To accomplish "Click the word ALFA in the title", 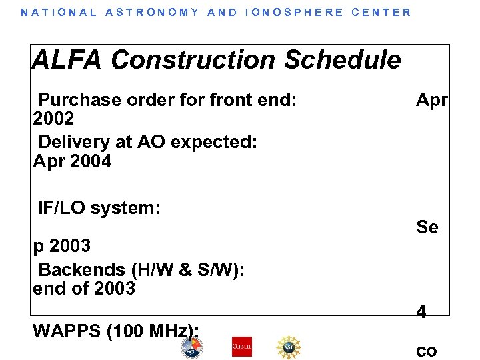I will pos(67,60).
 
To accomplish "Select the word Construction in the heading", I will pos(194,60).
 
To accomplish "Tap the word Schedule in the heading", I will pos(343,60).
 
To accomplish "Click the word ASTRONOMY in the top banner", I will pos(153,12).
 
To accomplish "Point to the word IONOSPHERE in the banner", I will pos(294,12).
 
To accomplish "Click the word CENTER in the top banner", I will pos(381,12).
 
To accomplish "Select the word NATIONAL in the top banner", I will pos(59,12).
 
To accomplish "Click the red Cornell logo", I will pos(242,347).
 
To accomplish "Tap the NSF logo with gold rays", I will pos(289,347).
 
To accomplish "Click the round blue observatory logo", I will pos(192,347).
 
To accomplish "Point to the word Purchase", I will pos(80,101).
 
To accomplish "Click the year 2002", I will pos(53,119).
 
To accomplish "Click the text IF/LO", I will pos(62,208).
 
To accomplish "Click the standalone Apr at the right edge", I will pos(432,101).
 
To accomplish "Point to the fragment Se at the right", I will pos(427,227).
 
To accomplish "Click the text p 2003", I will pos(61,246).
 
